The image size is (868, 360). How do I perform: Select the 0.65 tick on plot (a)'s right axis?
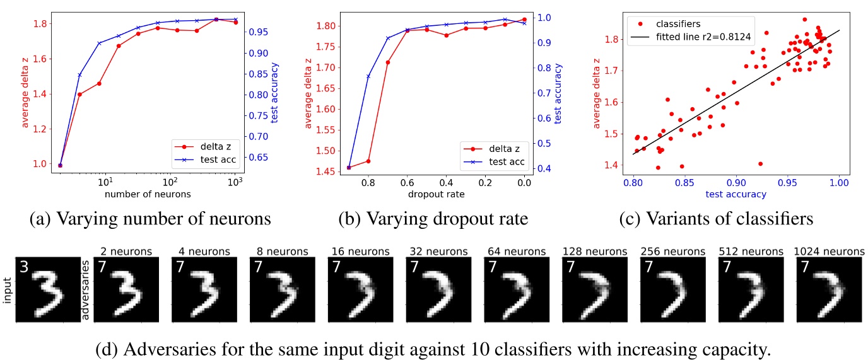[x=261, y=157]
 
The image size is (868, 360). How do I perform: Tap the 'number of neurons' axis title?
[x=148, y=194]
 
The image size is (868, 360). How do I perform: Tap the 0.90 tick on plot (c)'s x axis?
[x=736, y=182]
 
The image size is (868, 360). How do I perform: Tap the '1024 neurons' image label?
[x=829, y=251]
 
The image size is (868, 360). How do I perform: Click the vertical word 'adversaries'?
[x=85, y=287]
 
